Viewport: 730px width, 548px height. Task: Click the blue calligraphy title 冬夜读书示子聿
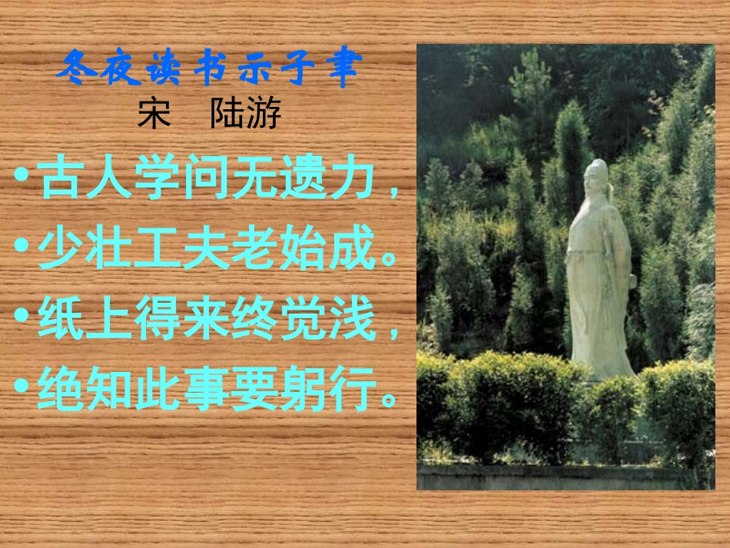[208, 70]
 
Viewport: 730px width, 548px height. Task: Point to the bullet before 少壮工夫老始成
[22, 248]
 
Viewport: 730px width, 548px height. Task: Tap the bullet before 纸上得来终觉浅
[22, 319]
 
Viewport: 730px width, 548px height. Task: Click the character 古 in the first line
[61, 179]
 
